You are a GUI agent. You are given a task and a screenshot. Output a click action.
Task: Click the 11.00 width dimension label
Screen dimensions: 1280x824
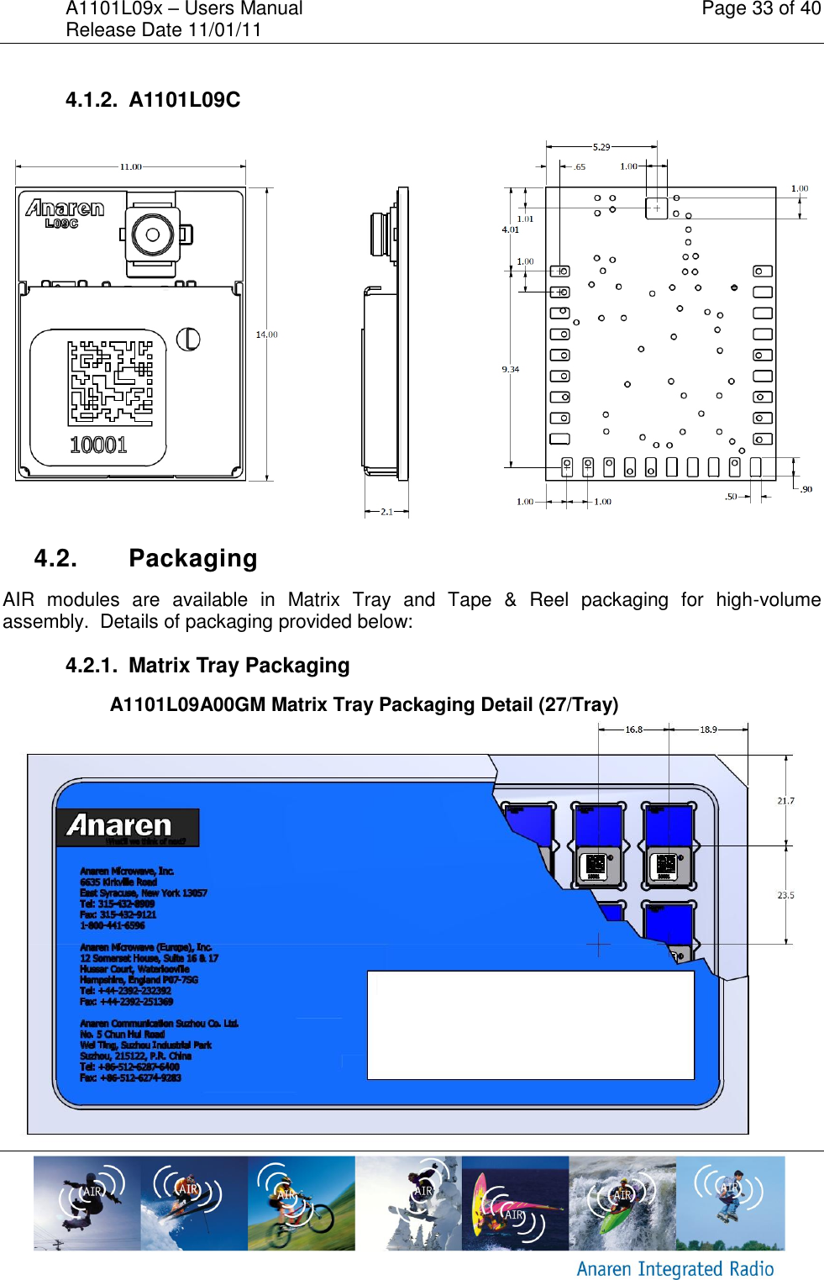click(x=130, y=166)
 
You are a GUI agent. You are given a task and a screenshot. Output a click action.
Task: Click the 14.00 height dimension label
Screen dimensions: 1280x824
click(x=266, y=334)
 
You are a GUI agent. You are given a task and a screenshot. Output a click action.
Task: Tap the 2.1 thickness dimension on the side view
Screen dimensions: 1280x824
click(x=386, y=511)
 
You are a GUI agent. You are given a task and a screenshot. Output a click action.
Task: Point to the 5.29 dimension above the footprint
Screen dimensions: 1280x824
click(x=601, y=147)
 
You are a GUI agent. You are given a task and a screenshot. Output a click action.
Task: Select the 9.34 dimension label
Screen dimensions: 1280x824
click(x=510, y=369)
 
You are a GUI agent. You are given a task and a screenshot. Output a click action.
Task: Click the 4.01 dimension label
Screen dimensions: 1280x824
click(x=510, y=229)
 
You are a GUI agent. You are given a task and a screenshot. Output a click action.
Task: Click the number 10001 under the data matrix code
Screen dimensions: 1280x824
click(x=98, y=445)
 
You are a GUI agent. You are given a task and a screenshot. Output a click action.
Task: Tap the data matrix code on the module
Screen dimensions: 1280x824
click(x=110, y=382)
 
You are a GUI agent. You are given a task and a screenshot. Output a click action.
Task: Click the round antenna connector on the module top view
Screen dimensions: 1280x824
click(x=153, y=234)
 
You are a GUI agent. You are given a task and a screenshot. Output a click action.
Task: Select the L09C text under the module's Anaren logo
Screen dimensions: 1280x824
click(x=61, y=224)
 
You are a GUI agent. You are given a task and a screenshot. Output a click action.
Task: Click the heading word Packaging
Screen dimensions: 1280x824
click(x=193, y=558)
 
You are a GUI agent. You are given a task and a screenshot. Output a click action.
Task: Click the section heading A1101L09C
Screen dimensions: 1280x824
click(x=185, y=100)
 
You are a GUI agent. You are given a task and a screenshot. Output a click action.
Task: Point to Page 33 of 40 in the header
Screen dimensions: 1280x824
click(x=761, y=9)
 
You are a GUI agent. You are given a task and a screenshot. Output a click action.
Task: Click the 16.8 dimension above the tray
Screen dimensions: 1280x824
click(x=633, y=730)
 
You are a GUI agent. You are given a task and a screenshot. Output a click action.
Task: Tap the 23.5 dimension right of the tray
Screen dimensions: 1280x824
click(x=785, y=895)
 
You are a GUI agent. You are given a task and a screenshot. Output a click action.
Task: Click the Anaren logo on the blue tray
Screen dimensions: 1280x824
click(x=127, y=827)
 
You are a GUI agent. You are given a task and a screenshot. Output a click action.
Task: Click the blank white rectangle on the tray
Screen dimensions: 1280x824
click(x=530, y=1025)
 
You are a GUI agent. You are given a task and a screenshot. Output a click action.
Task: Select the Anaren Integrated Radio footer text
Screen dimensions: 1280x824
click(x=674, y=1268)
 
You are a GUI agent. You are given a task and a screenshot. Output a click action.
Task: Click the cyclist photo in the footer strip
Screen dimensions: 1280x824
click(x=301, y=1203)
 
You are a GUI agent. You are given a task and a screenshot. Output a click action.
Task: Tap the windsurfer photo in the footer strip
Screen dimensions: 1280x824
click(x=515, y=1203)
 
